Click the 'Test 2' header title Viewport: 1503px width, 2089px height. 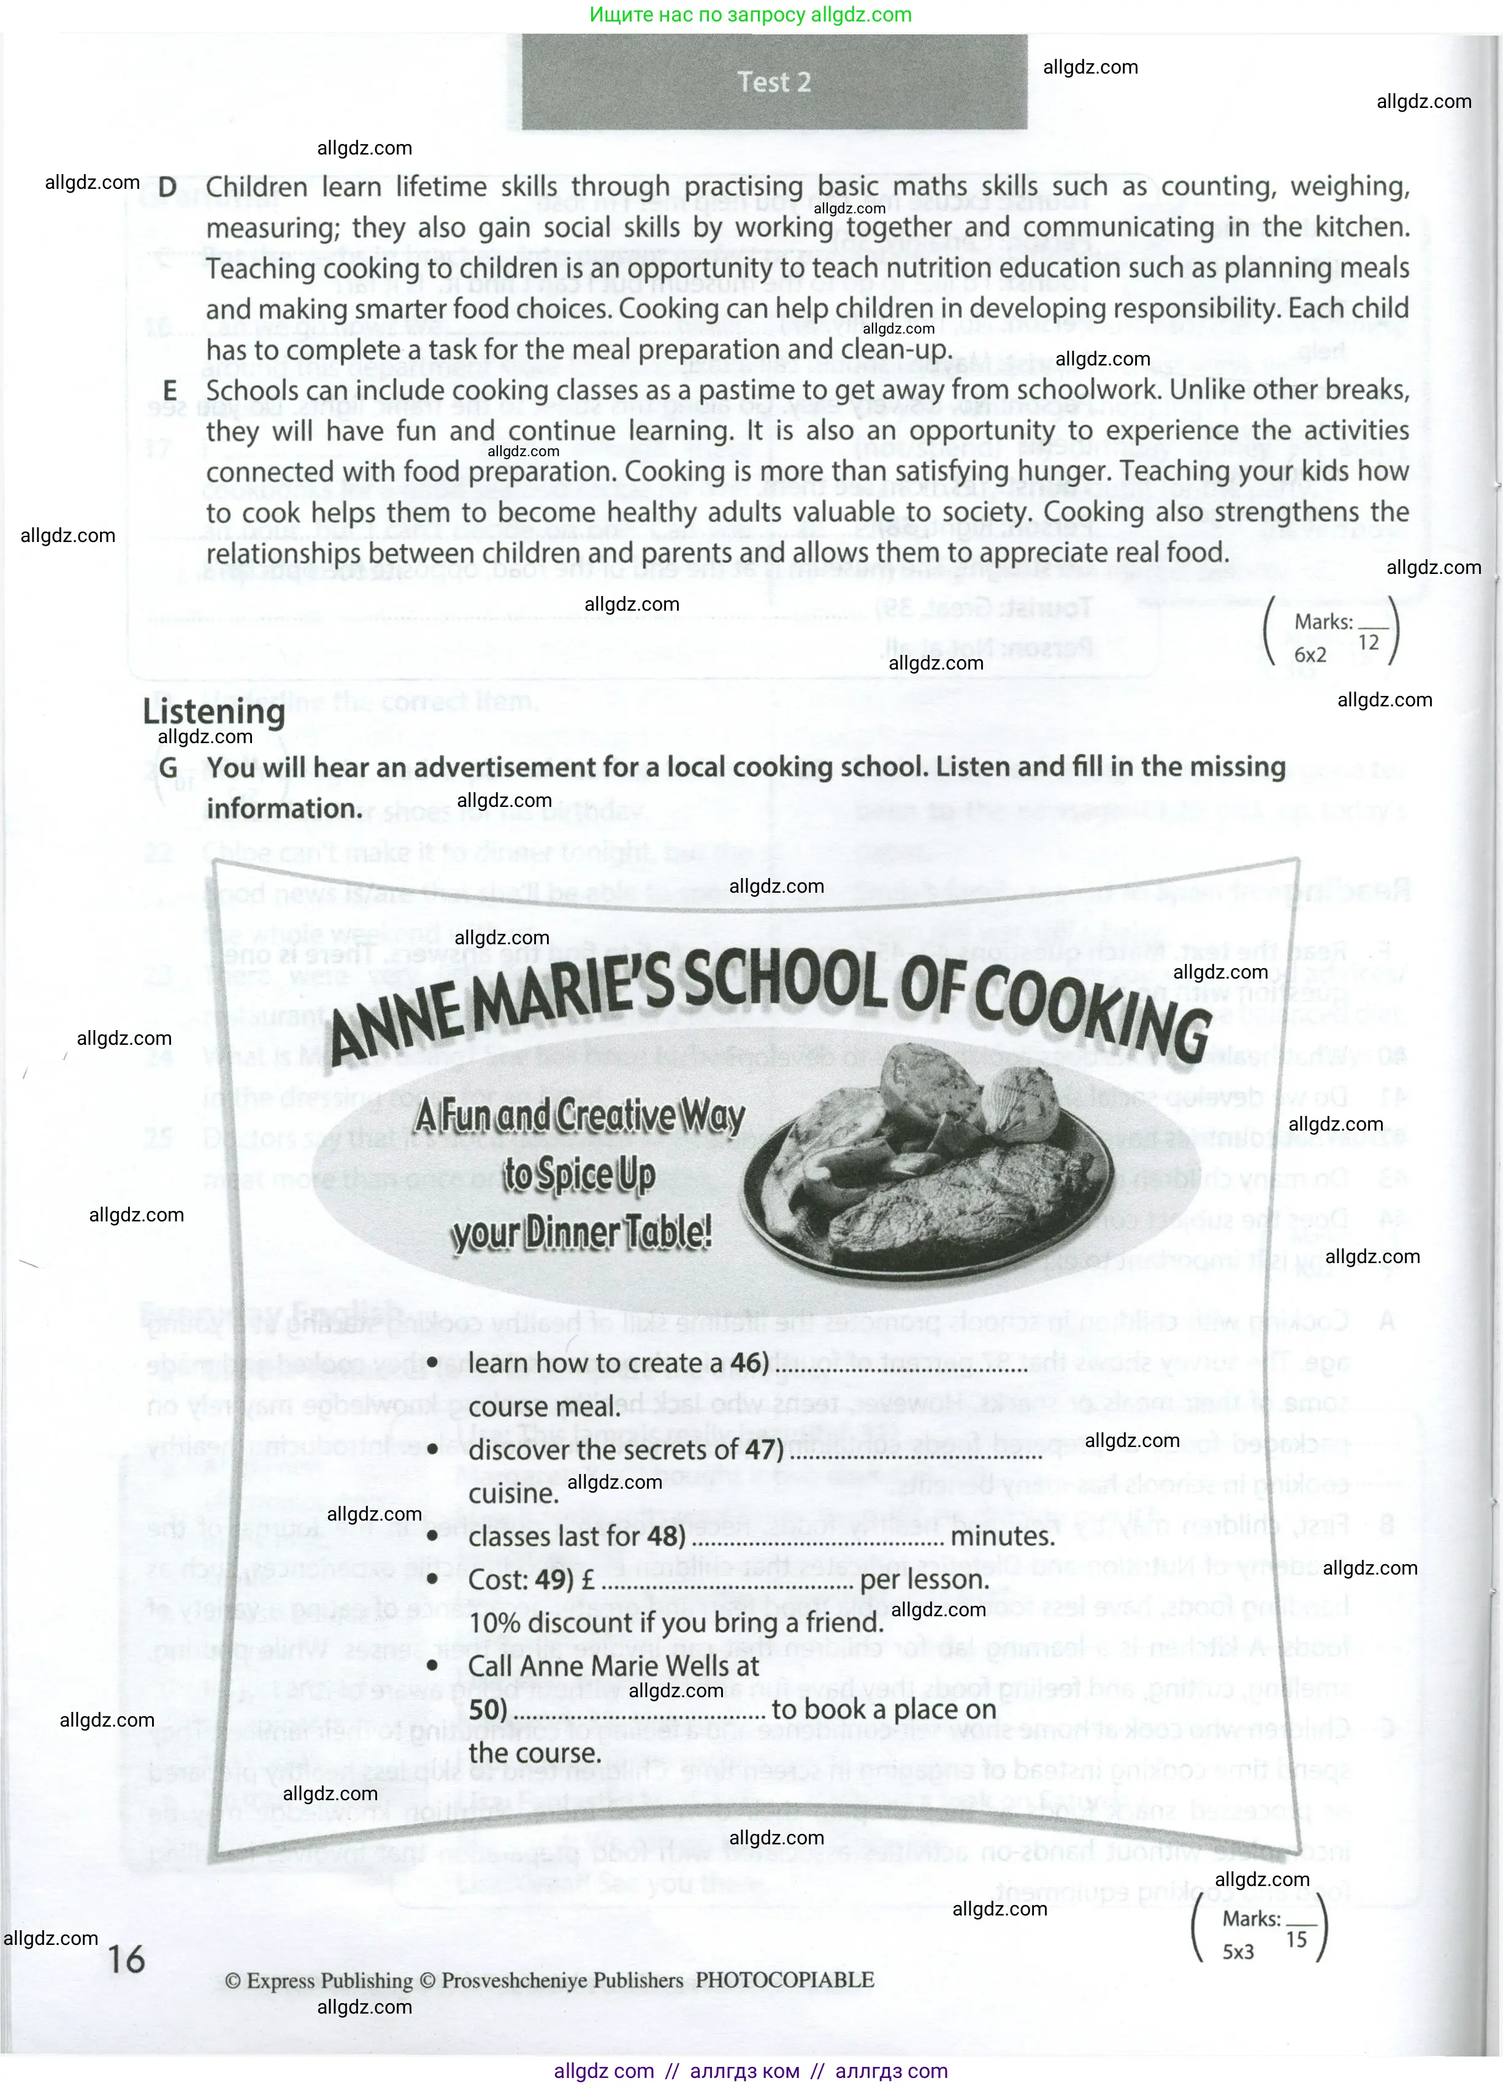coord(774,82)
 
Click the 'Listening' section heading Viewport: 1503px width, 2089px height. coord(213,712)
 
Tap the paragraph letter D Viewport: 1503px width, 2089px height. coord(167,187)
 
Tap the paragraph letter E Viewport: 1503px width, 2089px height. coord(169,391)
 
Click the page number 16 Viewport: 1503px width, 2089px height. coord(127,1958)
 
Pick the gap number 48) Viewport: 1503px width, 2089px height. coord(665,1535)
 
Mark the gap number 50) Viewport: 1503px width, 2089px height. coord(488,1709)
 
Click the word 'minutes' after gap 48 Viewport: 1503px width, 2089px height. coord(1001,1535)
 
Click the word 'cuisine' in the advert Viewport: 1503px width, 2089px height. coord(513,1493)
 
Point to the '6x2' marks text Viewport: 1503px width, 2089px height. coord(1310,655)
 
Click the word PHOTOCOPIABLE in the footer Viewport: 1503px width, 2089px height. coord(785,1979)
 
